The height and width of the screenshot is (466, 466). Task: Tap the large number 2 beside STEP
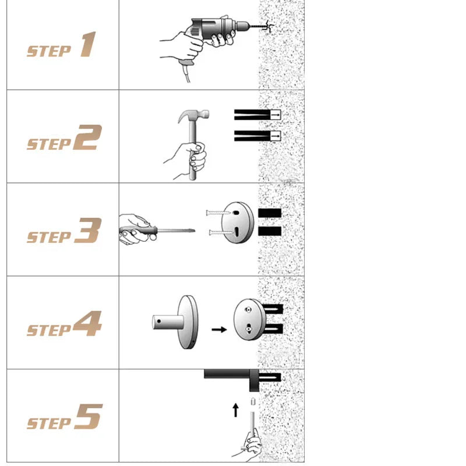point(88,137)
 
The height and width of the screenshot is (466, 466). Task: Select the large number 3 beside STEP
point(89,230)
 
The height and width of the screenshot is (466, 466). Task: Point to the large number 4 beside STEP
point(88,323)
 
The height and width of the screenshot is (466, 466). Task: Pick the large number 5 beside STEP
point(89,416)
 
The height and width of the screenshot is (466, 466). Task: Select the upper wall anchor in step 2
point(257,115)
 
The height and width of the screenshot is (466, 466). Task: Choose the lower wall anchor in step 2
point(257,136)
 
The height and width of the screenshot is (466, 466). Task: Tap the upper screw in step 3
point(218,213)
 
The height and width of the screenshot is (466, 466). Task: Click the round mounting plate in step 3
point(238,223)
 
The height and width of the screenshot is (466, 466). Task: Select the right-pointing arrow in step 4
point(220,329)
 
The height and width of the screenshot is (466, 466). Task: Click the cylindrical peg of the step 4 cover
point(168,322)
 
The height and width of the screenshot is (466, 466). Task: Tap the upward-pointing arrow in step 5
point(236,410)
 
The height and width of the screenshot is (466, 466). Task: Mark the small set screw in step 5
point(253,401)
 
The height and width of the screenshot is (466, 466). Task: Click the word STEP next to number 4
point(49,330)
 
